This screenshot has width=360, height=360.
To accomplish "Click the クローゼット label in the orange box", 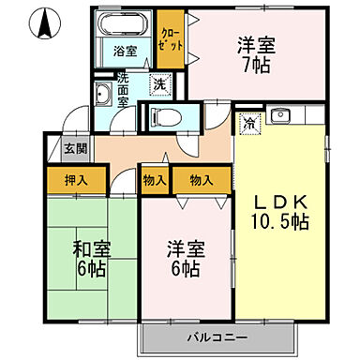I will [170, 38].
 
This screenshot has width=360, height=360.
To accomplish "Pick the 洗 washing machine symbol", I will [159, 84].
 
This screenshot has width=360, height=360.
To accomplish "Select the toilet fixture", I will [158, 118].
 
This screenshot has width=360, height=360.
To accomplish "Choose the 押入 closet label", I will [78, 179].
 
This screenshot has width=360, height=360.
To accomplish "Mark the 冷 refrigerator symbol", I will [250, 120].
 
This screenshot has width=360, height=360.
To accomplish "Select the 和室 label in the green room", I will [93, 249].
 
